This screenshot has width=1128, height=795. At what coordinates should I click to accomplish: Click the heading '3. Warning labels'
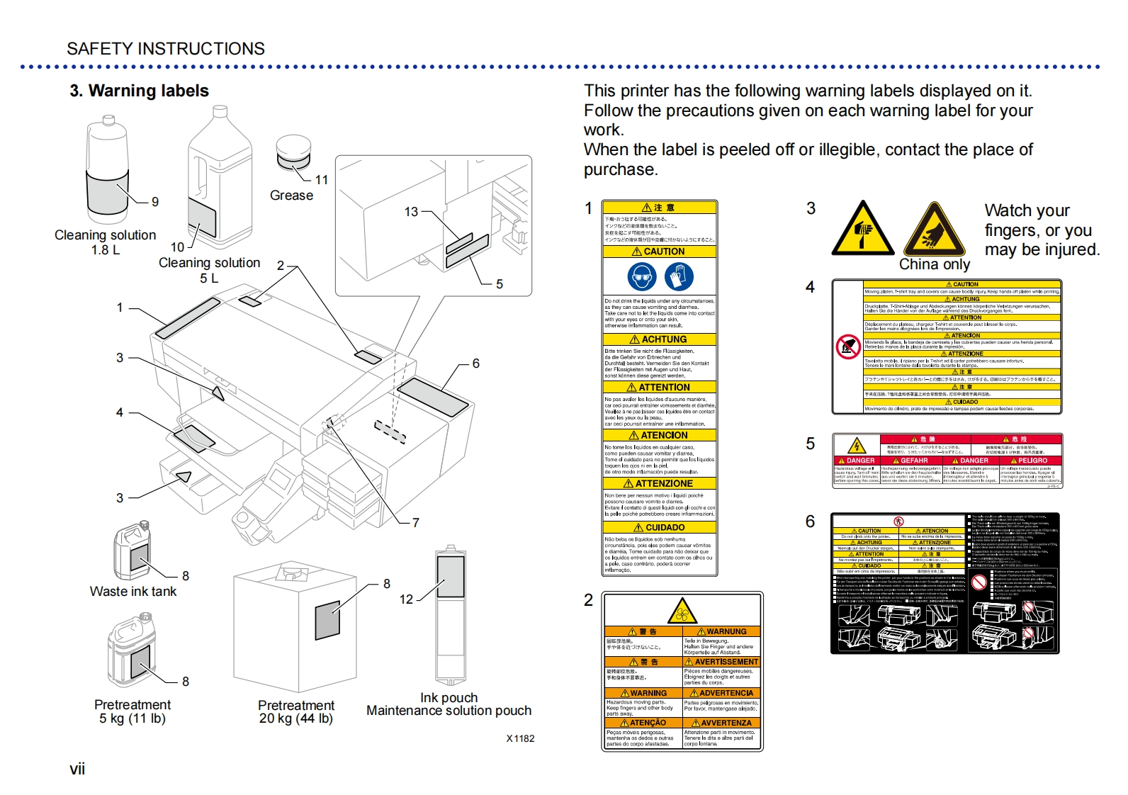[139, 91]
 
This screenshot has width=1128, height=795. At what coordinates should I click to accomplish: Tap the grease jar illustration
[293, 153]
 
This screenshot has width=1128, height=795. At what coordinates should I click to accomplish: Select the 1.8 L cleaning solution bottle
[107, 171]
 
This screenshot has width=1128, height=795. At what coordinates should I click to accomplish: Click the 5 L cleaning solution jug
[220, 177]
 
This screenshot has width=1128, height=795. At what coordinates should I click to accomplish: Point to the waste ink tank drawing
[132, 552]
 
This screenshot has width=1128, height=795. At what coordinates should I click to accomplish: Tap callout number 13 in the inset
[411, 211]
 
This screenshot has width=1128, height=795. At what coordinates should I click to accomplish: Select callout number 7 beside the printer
[415, 522]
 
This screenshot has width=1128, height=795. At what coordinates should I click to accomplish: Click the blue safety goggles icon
[641, 276]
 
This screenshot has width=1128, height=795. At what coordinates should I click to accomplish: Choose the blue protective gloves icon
[679, 276]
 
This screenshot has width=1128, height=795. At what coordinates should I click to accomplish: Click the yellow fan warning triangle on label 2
[682, 611]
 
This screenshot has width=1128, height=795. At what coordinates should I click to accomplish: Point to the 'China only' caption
[934, 264]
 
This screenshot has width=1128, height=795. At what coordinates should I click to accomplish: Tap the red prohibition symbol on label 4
[848, 346]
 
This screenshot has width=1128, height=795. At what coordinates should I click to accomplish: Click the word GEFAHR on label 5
[913, 461]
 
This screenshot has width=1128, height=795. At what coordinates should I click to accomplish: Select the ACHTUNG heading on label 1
[660, 339]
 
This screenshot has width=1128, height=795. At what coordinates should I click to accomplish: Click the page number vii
[77, 769]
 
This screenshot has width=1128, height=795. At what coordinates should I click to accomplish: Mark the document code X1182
[520, 738]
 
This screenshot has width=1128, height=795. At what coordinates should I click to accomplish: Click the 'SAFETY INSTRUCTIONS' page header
[166, 49]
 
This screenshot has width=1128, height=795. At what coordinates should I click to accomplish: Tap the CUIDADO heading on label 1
[660, 527]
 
